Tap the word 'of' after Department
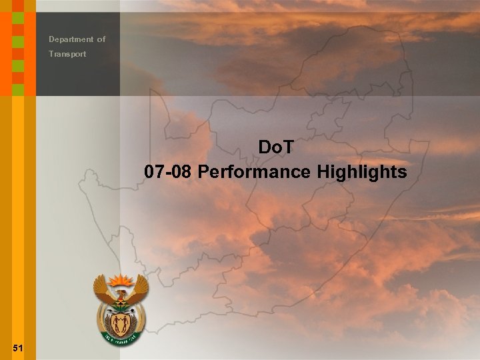point(101,39)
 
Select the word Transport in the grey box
point(67,54)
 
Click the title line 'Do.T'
point(275,146)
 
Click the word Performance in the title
point(255,172)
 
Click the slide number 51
point(18,348)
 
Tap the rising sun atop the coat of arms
point(121,279)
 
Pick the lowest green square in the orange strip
point(18,89)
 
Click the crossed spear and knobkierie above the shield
point(121,308)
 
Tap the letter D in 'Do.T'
point(263,146)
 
